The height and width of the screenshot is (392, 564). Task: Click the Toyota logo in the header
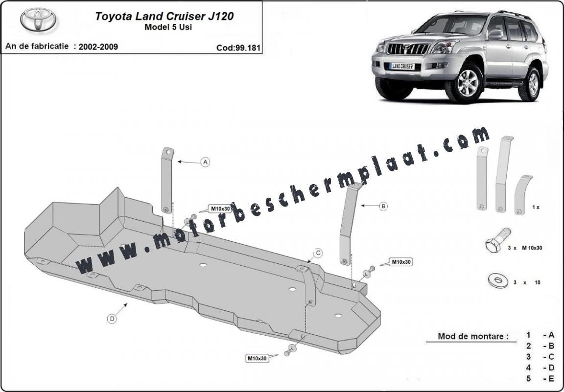(38, 19)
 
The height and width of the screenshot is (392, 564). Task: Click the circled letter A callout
(206, 162)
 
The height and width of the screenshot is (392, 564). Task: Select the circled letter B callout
(383, 206)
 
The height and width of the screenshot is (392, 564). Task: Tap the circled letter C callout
(318, 253)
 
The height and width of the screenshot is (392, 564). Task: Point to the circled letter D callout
(112, 318)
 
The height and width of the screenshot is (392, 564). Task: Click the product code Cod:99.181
(238, 48)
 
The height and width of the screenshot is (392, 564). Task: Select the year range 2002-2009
(98, 47)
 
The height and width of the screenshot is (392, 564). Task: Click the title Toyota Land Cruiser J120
(164, 16)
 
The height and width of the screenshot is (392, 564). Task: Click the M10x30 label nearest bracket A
(220, 208)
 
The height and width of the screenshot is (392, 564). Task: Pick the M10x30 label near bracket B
(401, 262)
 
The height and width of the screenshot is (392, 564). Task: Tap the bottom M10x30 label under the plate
(257, 358)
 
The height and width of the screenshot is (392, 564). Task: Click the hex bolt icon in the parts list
(498, 240)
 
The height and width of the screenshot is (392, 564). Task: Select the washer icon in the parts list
(498, 280)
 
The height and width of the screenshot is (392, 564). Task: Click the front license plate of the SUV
(402, 66)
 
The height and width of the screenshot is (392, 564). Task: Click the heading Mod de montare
(473, 336)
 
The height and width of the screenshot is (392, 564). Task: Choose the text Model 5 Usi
(168, 27)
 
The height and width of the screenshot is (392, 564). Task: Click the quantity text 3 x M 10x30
(525, 248)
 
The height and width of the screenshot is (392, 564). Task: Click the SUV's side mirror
(495, 34)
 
